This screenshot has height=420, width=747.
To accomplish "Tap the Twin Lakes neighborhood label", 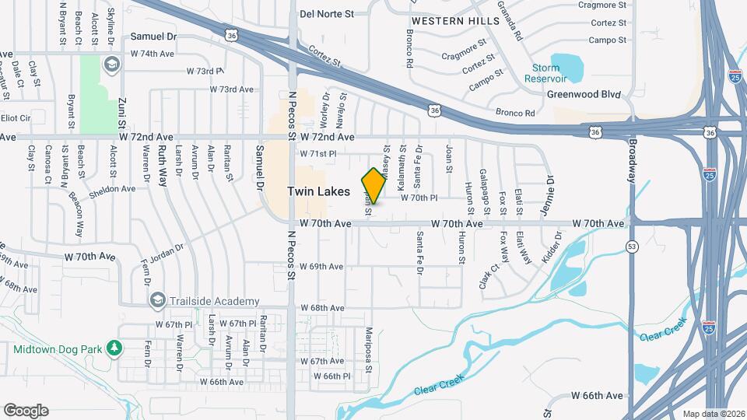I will [x=318, y=191].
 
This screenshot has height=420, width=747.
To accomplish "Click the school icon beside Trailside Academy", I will [x=158, y=300].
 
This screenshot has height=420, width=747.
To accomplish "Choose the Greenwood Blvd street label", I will [x=584, y=94].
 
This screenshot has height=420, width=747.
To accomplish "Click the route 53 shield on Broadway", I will [x=632, y=247].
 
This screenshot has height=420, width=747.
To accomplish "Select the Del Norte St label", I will [x=327, y=13].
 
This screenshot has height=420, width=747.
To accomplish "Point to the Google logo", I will [x=26, y=410].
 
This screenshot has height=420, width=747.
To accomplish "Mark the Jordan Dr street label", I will [x=167, y=248].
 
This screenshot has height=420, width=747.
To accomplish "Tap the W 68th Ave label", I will [x=321, y=308].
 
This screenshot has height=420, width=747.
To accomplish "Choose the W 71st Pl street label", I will [x=317, y=154].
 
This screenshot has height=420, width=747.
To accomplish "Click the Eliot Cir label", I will [x=15, y=118].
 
